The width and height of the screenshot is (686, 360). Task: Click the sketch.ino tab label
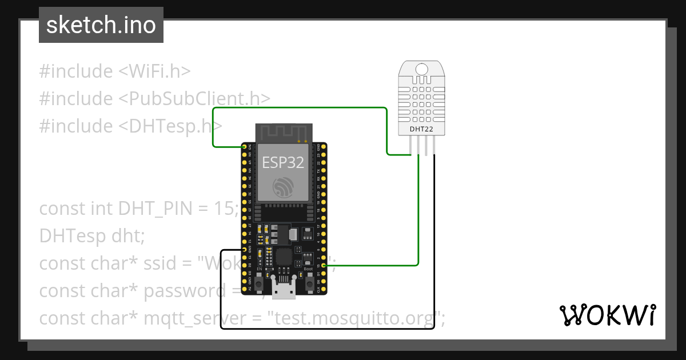101,25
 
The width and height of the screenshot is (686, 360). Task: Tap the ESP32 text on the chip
283,162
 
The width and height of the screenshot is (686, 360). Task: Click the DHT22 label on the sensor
421,129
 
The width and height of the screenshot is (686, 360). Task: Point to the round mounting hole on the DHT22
421,70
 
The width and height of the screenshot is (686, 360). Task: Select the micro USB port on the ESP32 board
284,290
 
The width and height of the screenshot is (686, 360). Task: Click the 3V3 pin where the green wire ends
245,147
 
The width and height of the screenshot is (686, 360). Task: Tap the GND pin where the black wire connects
245,250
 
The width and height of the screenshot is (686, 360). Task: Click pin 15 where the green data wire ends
324,265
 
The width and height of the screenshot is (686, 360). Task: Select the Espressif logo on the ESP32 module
283,188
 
